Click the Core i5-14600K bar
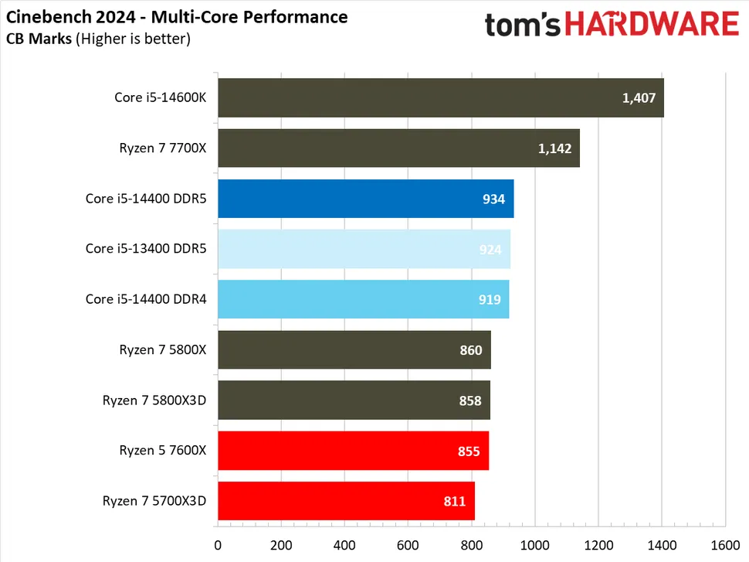point(440,98)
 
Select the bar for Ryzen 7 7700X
point(398,148)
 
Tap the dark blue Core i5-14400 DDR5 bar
point(365,199)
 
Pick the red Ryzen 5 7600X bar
point(353,451)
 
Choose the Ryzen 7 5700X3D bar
point(346,501)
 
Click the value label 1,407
point(639,98)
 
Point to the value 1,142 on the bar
point(554,148)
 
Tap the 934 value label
point(493,199)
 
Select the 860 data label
point(471,350)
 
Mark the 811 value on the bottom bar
point(455,502)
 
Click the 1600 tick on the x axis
point(724,544)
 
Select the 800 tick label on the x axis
point(471,544)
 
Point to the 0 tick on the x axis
point(219,544)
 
